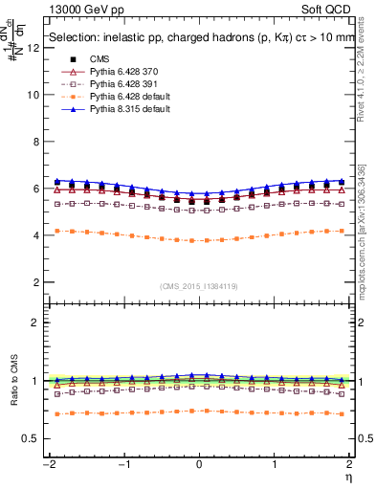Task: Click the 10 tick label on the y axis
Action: pyautogui.click(x=35, y=95)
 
